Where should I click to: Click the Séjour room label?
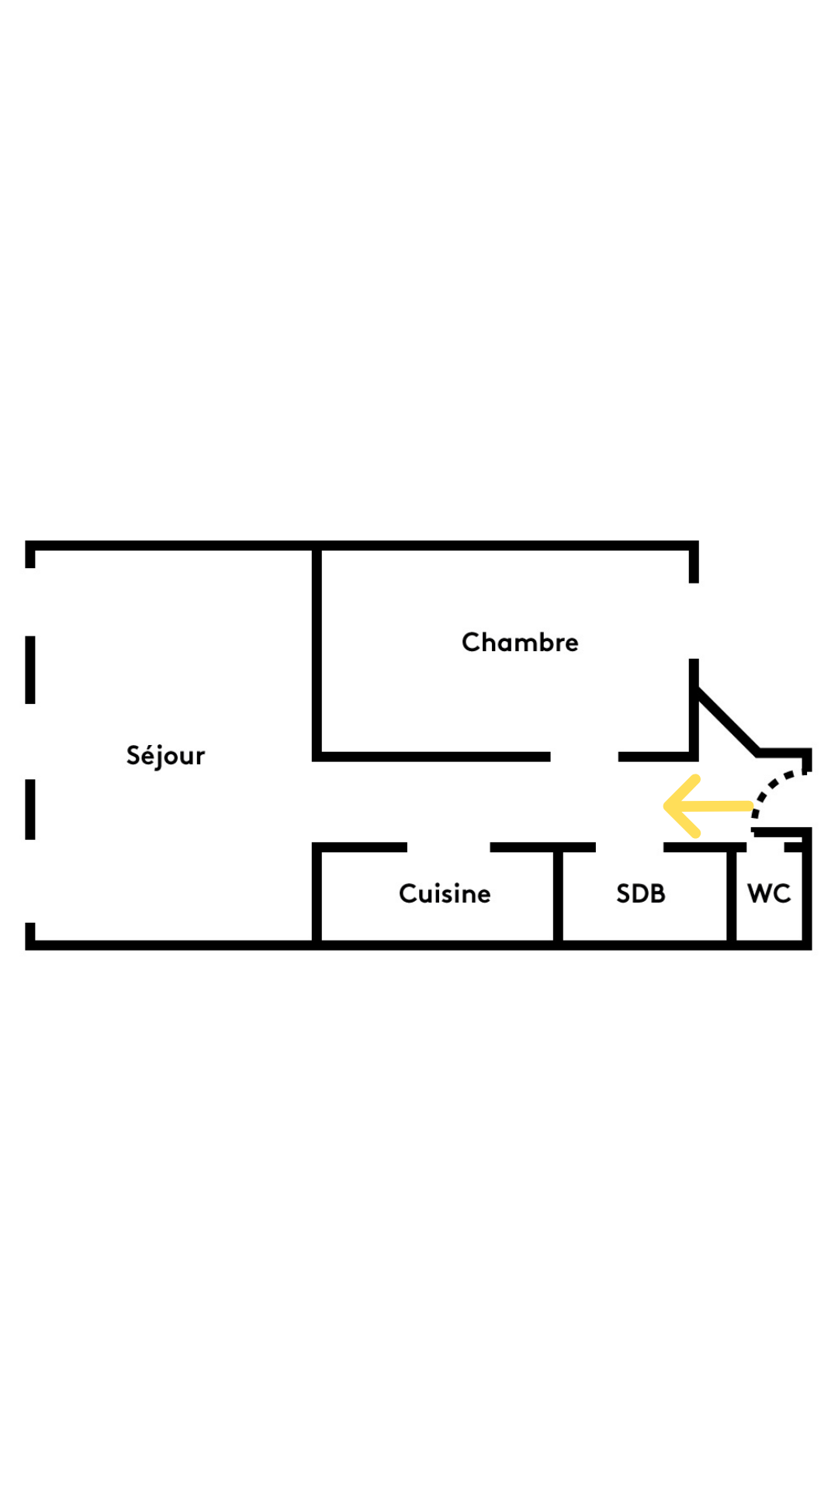point(165,756)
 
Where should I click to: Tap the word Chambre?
point(520,643)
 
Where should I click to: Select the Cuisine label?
point(445,894)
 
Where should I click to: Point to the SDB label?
point(641,894)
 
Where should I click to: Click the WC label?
point(769,894)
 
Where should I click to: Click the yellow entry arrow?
point(708,806)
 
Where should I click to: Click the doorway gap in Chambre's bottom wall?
point(584,757)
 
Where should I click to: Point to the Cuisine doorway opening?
point(448,847)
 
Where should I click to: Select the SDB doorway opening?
point(629,847)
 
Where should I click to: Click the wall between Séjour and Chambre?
point(317,652)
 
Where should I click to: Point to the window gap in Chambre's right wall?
point(694,621)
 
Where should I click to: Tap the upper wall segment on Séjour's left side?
point(30,670)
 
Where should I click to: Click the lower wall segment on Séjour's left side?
point(30,809)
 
